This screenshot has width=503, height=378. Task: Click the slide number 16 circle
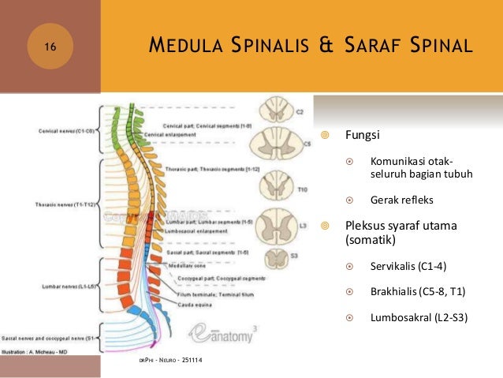pyautogui.click(x=50, y=48)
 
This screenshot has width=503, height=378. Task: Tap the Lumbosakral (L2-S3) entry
pyautogui.click(x=419, y=318)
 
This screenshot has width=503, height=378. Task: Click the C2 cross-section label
pyautogui.click(x=300, y=112)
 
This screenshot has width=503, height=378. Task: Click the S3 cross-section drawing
pyautogui.click(x=278, y=260)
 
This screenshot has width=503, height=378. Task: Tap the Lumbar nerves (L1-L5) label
pyautogui.click(x=64, y=286)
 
